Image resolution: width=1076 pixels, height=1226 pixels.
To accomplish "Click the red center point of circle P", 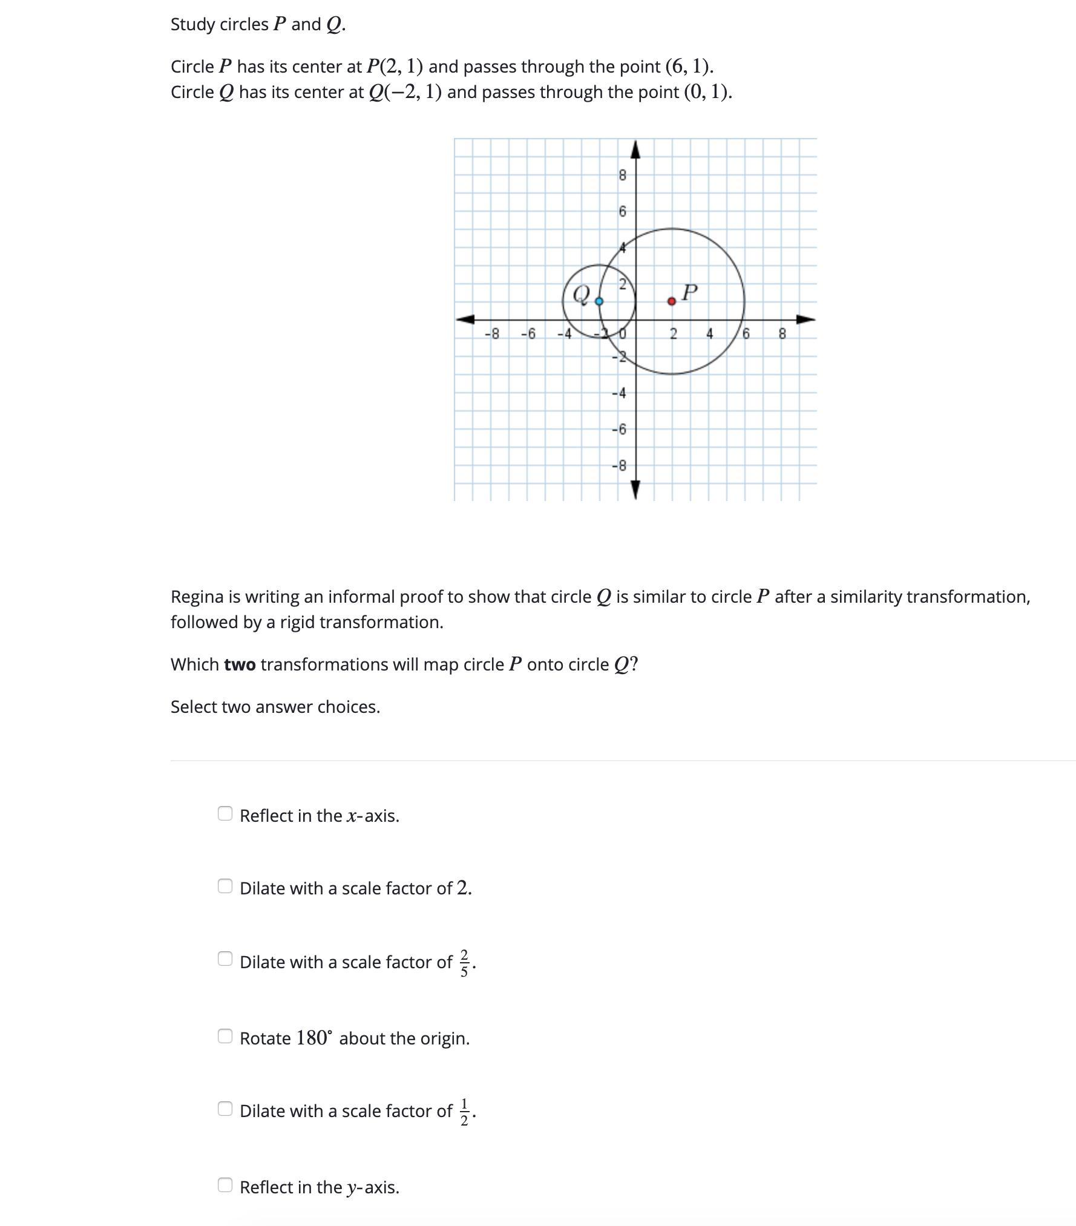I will pos(671,301).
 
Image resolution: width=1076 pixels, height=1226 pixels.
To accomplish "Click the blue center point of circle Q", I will pos(599,301).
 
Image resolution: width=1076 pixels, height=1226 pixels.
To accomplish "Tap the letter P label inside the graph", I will pos(689,292).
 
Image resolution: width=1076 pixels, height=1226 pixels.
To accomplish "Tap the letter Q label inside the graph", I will pos(581,294).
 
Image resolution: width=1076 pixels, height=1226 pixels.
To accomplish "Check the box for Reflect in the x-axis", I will pos(225,813).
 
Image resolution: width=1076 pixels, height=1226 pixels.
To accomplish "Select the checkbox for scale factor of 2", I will pos(225,886).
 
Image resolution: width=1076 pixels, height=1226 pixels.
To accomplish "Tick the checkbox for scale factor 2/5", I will pos(225,959).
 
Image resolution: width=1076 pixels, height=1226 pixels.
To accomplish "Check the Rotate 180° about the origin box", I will pos(225,1036).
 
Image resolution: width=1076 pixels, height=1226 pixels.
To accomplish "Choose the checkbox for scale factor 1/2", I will pos(225,1109).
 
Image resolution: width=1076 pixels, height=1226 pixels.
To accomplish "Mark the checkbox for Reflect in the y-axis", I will pos(225,1185).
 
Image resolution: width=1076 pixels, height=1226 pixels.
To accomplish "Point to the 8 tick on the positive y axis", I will pos(622,175).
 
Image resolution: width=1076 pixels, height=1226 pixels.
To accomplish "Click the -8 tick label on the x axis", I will pos(493,334).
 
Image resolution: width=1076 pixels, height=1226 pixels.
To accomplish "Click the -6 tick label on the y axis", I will pos(619,430).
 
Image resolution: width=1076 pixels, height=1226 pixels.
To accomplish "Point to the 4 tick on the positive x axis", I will pos(709,334).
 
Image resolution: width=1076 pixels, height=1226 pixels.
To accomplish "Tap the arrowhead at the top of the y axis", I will pos(635,148).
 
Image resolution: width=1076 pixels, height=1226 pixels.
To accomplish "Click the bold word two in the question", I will pos(240,664).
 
